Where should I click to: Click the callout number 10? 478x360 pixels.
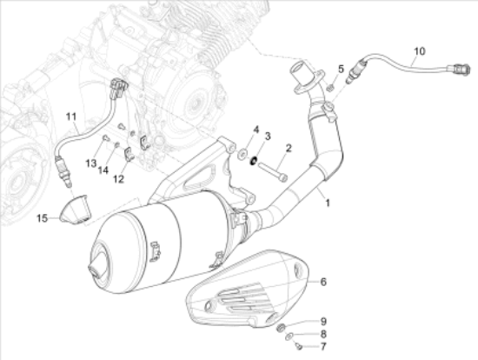419,51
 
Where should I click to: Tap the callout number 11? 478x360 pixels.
70,117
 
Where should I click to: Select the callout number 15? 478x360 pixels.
42,218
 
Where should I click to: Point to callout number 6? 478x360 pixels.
323,282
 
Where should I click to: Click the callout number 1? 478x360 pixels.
328,203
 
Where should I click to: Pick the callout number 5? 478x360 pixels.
341,69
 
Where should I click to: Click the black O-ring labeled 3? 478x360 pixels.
253,161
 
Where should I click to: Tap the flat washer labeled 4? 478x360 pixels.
242,154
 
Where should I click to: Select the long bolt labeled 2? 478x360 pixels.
273,172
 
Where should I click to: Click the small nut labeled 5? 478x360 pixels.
329,88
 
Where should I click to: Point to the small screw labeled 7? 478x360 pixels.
299,346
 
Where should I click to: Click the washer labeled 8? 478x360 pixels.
289,337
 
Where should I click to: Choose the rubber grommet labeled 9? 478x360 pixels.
281,328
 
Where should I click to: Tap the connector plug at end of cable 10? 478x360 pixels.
460,70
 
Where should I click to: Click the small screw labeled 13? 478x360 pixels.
105,138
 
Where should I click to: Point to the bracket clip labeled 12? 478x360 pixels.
129,154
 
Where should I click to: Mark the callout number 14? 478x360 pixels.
103,170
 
